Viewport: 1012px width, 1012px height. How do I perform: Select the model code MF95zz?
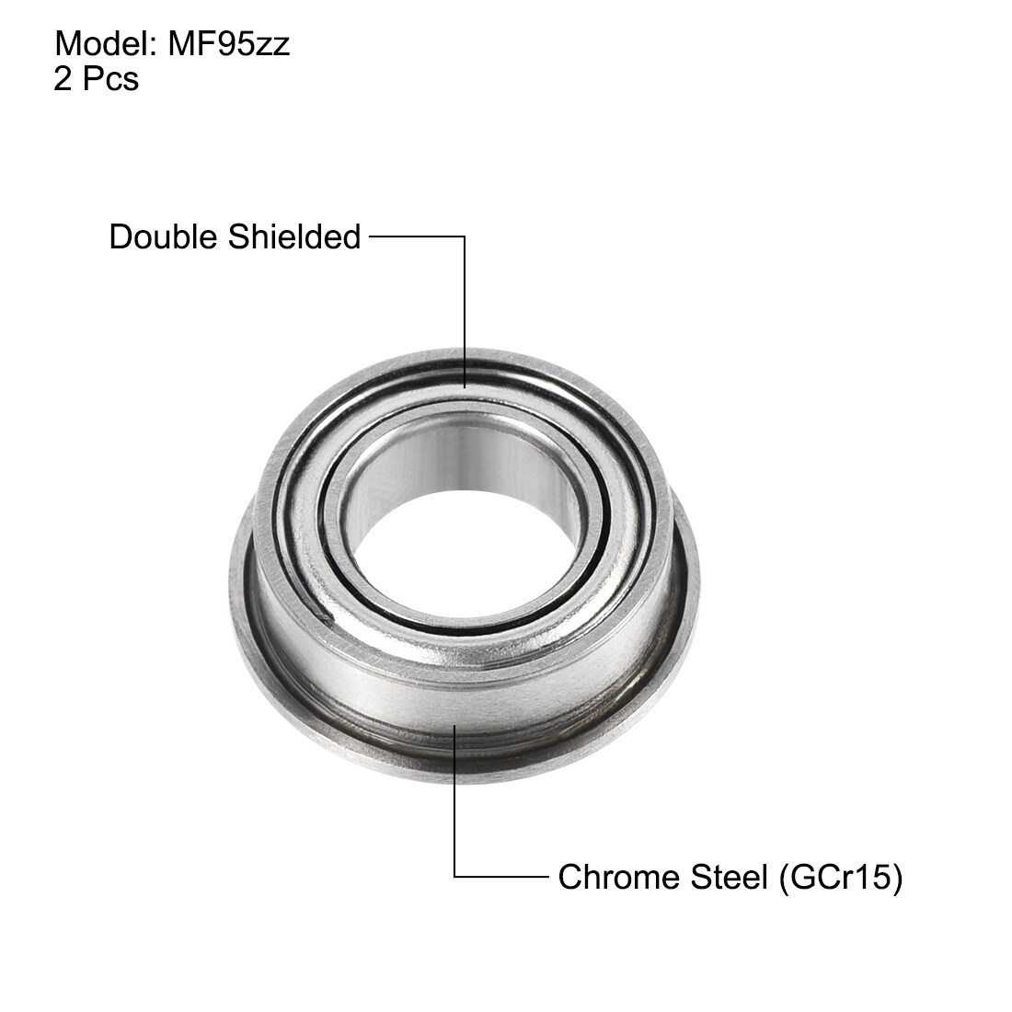click(229, 44)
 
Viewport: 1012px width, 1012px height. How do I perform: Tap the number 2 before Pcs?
click(63, 79)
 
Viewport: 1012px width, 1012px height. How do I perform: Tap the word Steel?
click(729, 877)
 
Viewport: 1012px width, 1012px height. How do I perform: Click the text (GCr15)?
click(841, 878)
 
